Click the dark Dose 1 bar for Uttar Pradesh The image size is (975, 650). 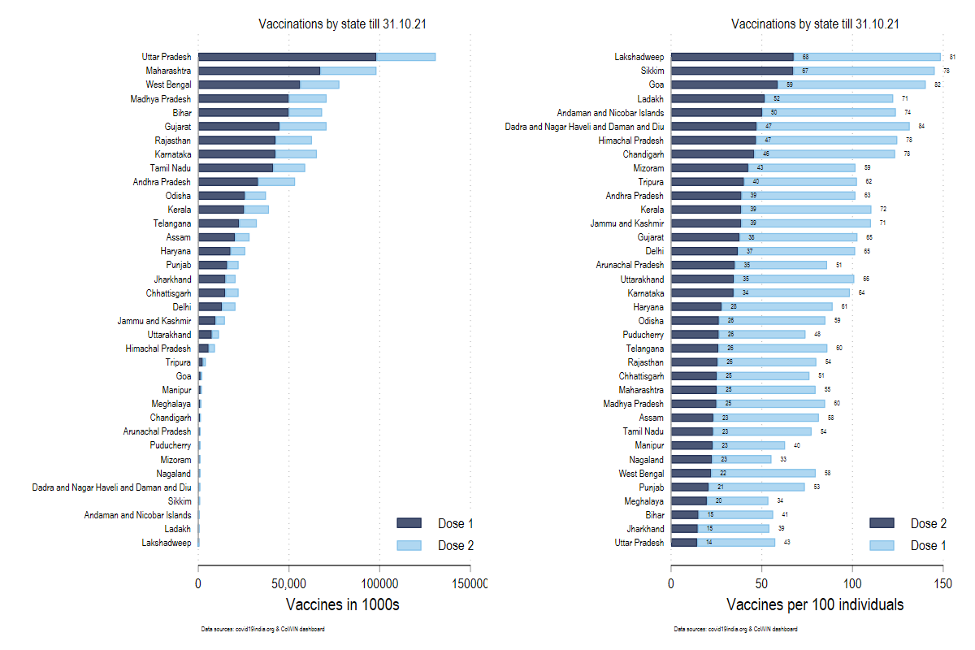(287, 57)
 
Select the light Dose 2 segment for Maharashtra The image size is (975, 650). (348, 71)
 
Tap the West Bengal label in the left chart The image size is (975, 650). (168, 84)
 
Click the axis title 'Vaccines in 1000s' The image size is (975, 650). (343, 605)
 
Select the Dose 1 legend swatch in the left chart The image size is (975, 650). (409, 523)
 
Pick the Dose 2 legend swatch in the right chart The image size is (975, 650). (882, 523)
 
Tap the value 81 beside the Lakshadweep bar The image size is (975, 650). (952, 57)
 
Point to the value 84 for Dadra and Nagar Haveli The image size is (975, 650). (921, 127)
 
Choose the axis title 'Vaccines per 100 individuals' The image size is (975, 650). (815, 605)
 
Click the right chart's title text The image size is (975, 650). (815, 24)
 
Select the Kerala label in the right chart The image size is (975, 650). (652, 210)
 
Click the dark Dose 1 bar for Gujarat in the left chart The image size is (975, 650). (239, 126)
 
